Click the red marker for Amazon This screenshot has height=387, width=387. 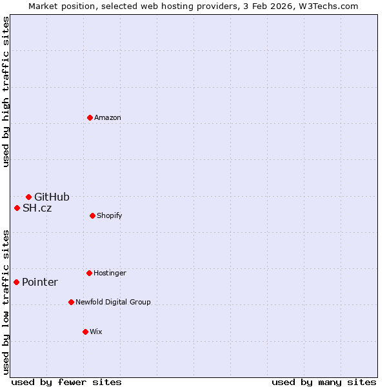pyautogui.click(x=90, y=117)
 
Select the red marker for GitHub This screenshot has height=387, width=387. pyautogui.click(x=28, y=197)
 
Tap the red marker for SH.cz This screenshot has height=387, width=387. pyautogui.click(x=17, y=208)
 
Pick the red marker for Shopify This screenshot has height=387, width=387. pyautogui.click(x=92, y=215)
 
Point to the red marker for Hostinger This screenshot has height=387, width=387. pyautogui.click(x=89, y=273)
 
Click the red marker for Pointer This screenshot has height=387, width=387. pyautogui.click(x=16, y=282)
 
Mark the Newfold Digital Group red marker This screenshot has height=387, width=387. pyautogui.click(x=71, y=302)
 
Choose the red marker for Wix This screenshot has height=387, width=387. pyautogui.click(x=85, y=332)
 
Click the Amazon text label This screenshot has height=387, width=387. pyautogui.click(x=108, y=117)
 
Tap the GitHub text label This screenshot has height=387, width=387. pyautogui.click(x=52, y=197)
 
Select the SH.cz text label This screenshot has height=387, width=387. pyautogui.click(x=37, y=208)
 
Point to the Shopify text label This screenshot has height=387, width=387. pyautogui.click(x=110, y=215)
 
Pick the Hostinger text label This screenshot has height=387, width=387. pyautogui.click(x=110, y=273)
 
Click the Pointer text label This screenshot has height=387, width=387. pyautogui.click(x=40, y=282)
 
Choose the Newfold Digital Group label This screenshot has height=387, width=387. pyautogui.click(x=113, y=302)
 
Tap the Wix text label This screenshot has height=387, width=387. pyautogui.click(x=95, y=332)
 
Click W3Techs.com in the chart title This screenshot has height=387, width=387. pyautogui.click(x=327, y=6)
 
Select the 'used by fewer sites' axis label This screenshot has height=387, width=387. pyautogui.click(x=66, y=382)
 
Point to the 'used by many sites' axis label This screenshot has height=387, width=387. pyautogui.click(x=324, y=382)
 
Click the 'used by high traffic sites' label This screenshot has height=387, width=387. pyautogui.click(x=6, y=92)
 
